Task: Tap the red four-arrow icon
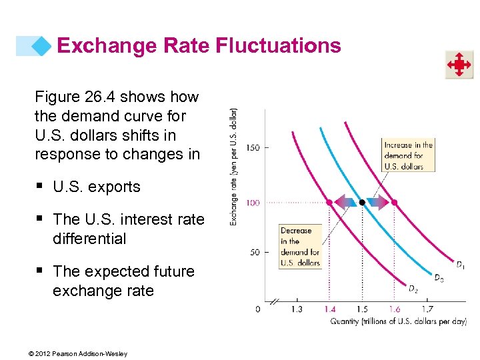pyautogui.click(x=459, y=65)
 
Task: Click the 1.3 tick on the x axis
pyautogui.click(x=297, y=309)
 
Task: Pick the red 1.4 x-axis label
pyautogui.click(x=329, y=309)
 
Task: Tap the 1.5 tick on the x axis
pyautogui.click(x=361, y=309)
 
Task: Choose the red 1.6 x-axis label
pyautogui.click(x=394, y=309)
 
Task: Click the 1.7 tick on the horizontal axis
pyautogui.click(x=427, y=309)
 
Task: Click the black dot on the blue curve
pyautogui.click(x=361, y=202)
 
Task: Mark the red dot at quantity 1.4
pyautogui.click(x=329, y=202)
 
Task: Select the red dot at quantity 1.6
pyautogui.click(x=394, y=202)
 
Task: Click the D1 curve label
pyautogui.click(x=459, y=265)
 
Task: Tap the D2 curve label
pyautogui.click(x=413, y=289)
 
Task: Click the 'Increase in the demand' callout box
pyautogui.click(x=408, y=155)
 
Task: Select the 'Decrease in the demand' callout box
pyautogui.click(x=300, y=247)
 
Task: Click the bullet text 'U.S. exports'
pyautogui.click(x=97, y=187)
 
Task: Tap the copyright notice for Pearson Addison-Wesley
pyautogui.click(x=81, y=353)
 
